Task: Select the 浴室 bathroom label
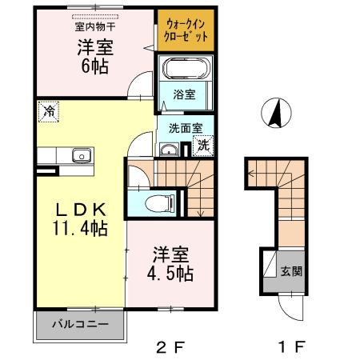[x=185, y=94]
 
